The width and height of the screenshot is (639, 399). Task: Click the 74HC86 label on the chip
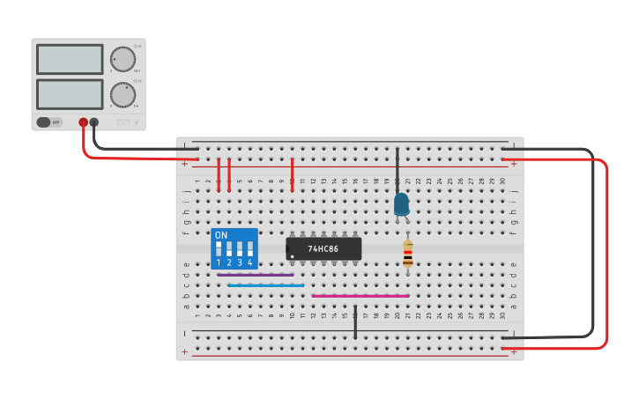click(x=323, y=249)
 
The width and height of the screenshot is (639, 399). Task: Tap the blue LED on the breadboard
click(x=401, y=204)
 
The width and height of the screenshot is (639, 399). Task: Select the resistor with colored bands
click(x=407, y=254)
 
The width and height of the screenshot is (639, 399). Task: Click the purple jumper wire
click(x=255, y=275)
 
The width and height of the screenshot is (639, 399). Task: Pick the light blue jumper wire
click(x=265, y=285)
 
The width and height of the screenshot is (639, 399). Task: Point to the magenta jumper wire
click(x=360, y=296)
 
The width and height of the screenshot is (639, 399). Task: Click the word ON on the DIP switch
click(x=221, y=235)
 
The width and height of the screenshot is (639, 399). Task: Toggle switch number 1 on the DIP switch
click(x=219, y=249)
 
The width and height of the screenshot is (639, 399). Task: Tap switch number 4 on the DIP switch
click(x=250, y=249)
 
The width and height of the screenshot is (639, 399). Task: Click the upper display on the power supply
click(x=70, y=59)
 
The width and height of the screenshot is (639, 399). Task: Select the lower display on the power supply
click(x=70, y=94)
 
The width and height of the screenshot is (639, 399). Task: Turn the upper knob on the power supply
click(x=123, y=60)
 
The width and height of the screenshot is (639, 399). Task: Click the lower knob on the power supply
click(x=122, y=94)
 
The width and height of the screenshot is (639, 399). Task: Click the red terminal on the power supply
click(x=83, y=122)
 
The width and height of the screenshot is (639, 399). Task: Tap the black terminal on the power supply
click(x=94, y=122)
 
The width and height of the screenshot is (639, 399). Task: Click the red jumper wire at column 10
click(x=292, y=174)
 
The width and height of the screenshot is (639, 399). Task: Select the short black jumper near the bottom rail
click(x=355, y=322)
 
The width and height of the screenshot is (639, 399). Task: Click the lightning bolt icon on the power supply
click(x=137, y=122)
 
